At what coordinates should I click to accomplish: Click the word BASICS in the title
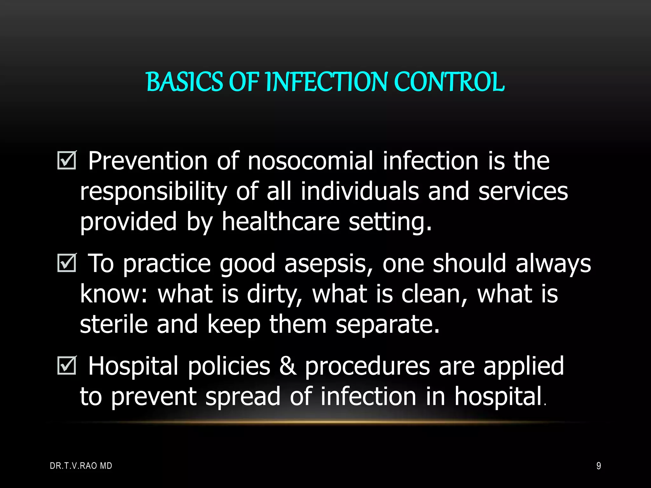coord(184,82)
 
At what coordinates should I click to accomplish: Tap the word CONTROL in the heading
coord(449,82)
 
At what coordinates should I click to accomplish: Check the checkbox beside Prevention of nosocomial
coord(67,160)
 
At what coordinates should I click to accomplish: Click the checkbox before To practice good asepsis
coord(67,263)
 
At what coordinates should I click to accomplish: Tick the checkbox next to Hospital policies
coord(67,366)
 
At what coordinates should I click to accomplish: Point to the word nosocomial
coord(310,161)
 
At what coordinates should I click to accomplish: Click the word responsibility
coord(153,192)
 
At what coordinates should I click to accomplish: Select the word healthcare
coord(281,221)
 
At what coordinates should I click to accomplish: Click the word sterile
coord(113,324)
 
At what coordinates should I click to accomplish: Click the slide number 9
coord(599,466)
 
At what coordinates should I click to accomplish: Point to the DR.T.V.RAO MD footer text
coord(81,466)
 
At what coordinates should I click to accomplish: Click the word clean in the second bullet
coord(434,294)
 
